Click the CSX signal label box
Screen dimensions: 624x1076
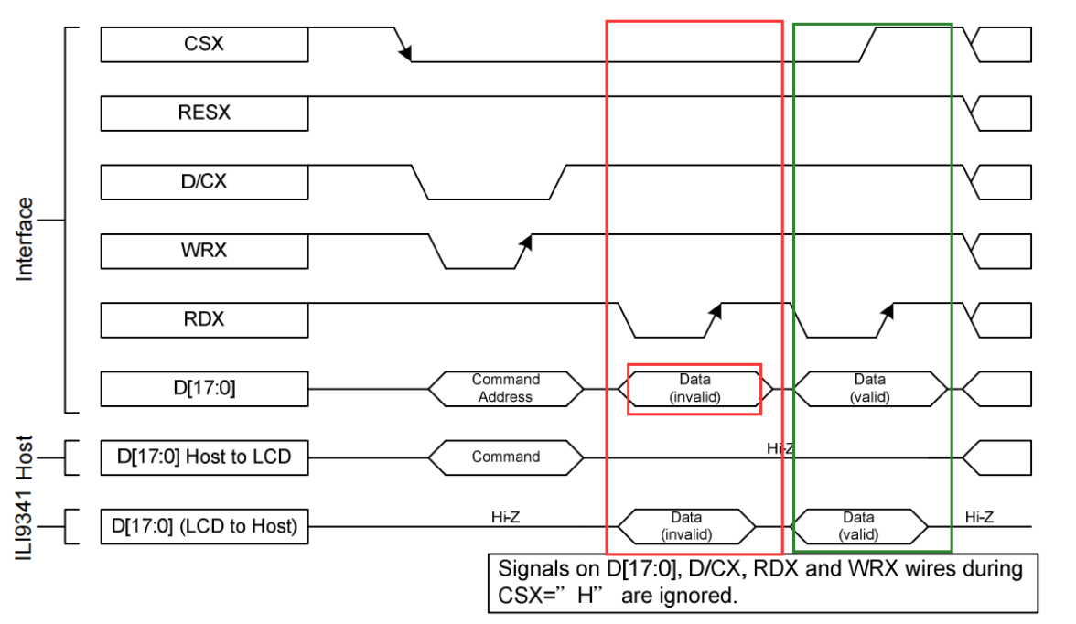pyautogui.click(x=204, y=44)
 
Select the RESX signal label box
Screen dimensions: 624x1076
pyautogui.click(x=204, y=113)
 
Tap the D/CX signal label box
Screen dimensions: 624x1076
pyautogui.click(x=204, y=181)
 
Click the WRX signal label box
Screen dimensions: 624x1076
pyautogui.click(x=204, y=251)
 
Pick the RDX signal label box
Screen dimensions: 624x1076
pyautogui.click(x=204, y=319)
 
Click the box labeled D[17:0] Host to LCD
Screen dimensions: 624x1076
pyautogui.click(x=204, y=457)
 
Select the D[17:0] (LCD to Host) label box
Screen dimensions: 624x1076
pyautogui.click(x=204, y=526)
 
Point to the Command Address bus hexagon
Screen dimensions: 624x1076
pyautogui.click(x=506, y=388)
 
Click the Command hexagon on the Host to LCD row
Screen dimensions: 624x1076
pyautogui.click(x=506, y=457)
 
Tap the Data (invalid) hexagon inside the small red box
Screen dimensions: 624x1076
pyautogui.click(x=694, y=388)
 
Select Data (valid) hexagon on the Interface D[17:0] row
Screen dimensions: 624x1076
pyautogui.click(x=869, y=388)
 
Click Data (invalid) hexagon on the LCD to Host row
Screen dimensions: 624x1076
pyautogui.click(x=687, y=526)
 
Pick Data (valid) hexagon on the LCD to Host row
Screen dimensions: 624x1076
pyautogui.click(x=858, y=526)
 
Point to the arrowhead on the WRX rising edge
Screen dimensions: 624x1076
pyautogui.click(x=526, y=241)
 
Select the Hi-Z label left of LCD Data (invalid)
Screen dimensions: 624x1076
pyautogui.click(x=505, y=517)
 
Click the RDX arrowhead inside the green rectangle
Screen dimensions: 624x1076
pyautogui.click(x=887, y=311)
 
